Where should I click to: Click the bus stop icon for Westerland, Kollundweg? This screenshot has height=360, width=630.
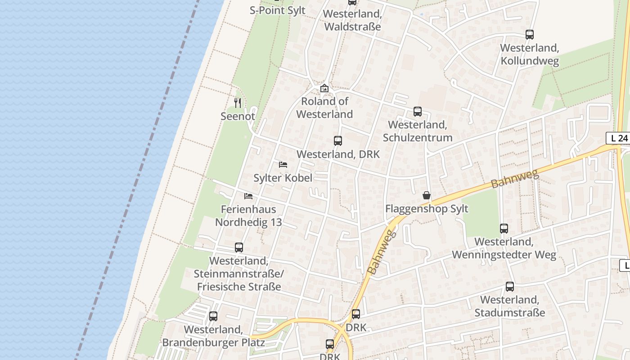(x=530, y=34)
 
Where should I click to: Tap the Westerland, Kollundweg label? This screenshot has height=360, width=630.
(x=530, y=54)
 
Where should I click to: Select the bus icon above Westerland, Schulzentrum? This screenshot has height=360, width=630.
(x=418, y=111)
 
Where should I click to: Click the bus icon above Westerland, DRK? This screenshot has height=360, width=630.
(x=338, y=140)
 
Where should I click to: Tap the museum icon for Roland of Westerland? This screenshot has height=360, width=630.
(x=324, y=88)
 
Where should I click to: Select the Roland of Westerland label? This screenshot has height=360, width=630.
(x=324, y=108)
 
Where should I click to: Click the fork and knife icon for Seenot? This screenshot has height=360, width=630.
(x=238, y=103)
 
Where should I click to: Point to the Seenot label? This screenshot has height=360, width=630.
(x=238, y=116)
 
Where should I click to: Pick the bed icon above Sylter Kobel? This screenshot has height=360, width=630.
(x=283, y=164)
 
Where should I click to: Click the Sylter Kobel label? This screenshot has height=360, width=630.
(x=283, y=178)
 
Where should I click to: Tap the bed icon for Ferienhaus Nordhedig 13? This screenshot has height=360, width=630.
(x=248, y=196)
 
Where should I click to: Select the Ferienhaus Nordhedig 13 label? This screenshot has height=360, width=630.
(x=248, y=216)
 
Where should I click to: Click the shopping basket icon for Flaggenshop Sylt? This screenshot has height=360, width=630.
(x=427, y=195)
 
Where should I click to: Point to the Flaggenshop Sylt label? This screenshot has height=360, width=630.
(x=427, y=209)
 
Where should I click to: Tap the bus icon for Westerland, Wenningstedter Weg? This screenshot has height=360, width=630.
(x=504, y=229)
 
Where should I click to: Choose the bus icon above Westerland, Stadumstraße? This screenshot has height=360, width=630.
(x=510, y=286)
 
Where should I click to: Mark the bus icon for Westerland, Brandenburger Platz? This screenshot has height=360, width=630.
(x=213, y=316)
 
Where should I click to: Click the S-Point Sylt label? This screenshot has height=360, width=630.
(x=278, y=10)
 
